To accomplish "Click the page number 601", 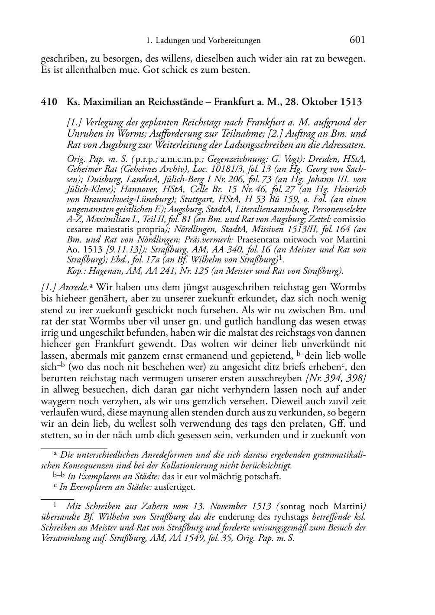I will (x=357, y=40).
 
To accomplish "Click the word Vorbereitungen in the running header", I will (x=234, y=41).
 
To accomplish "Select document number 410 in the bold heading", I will (x=49, y=102).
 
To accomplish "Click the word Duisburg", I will (x=83, y=179).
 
